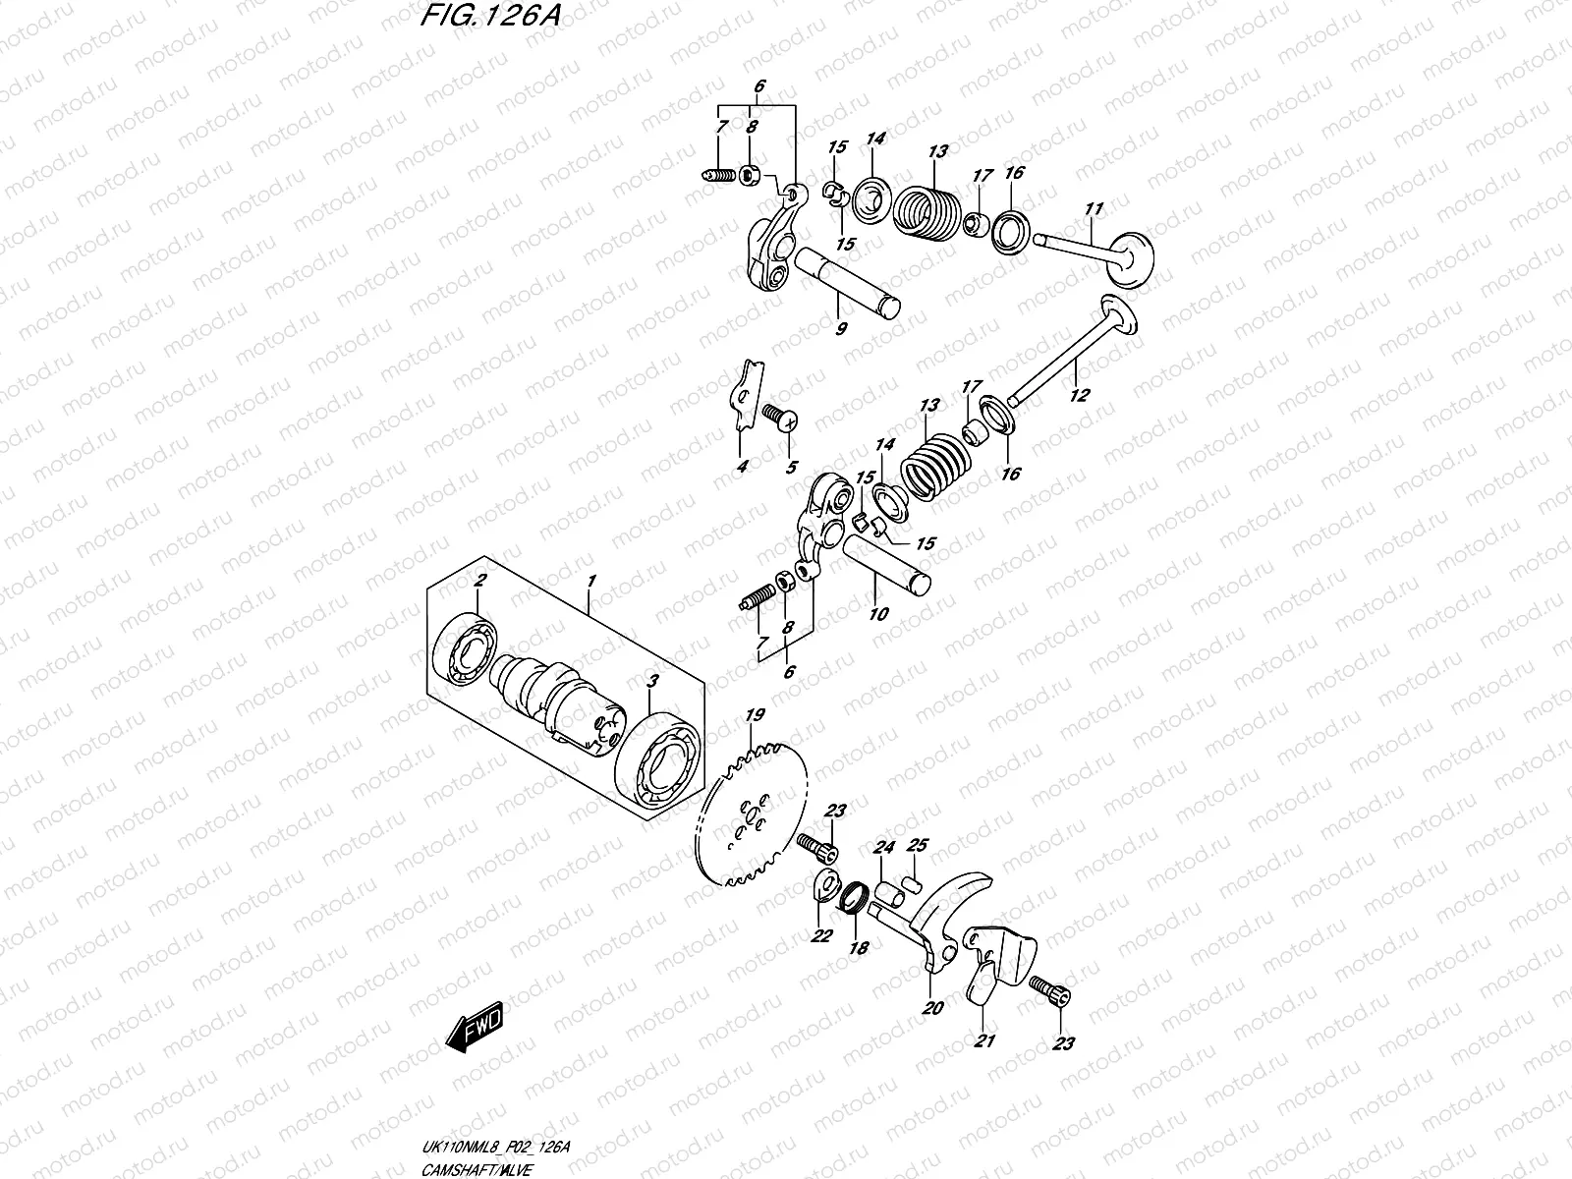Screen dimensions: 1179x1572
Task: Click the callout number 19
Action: pyautogui.click(x=755, y=715)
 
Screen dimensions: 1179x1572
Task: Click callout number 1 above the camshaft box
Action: pyautogui.click(x=590, y=583)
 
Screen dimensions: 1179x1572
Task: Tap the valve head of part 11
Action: pyautogui.click(x=1130, y=257)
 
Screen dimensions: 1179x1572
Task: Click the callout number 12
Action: pyautogui.click(x=1079, y=396)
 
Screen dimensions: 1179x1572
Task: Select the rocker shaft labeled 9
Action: pyautogui.click(x=846, y=286)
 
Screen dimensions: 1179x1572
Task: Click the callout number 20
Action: pyautogui.click(x=931, y=1008)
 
